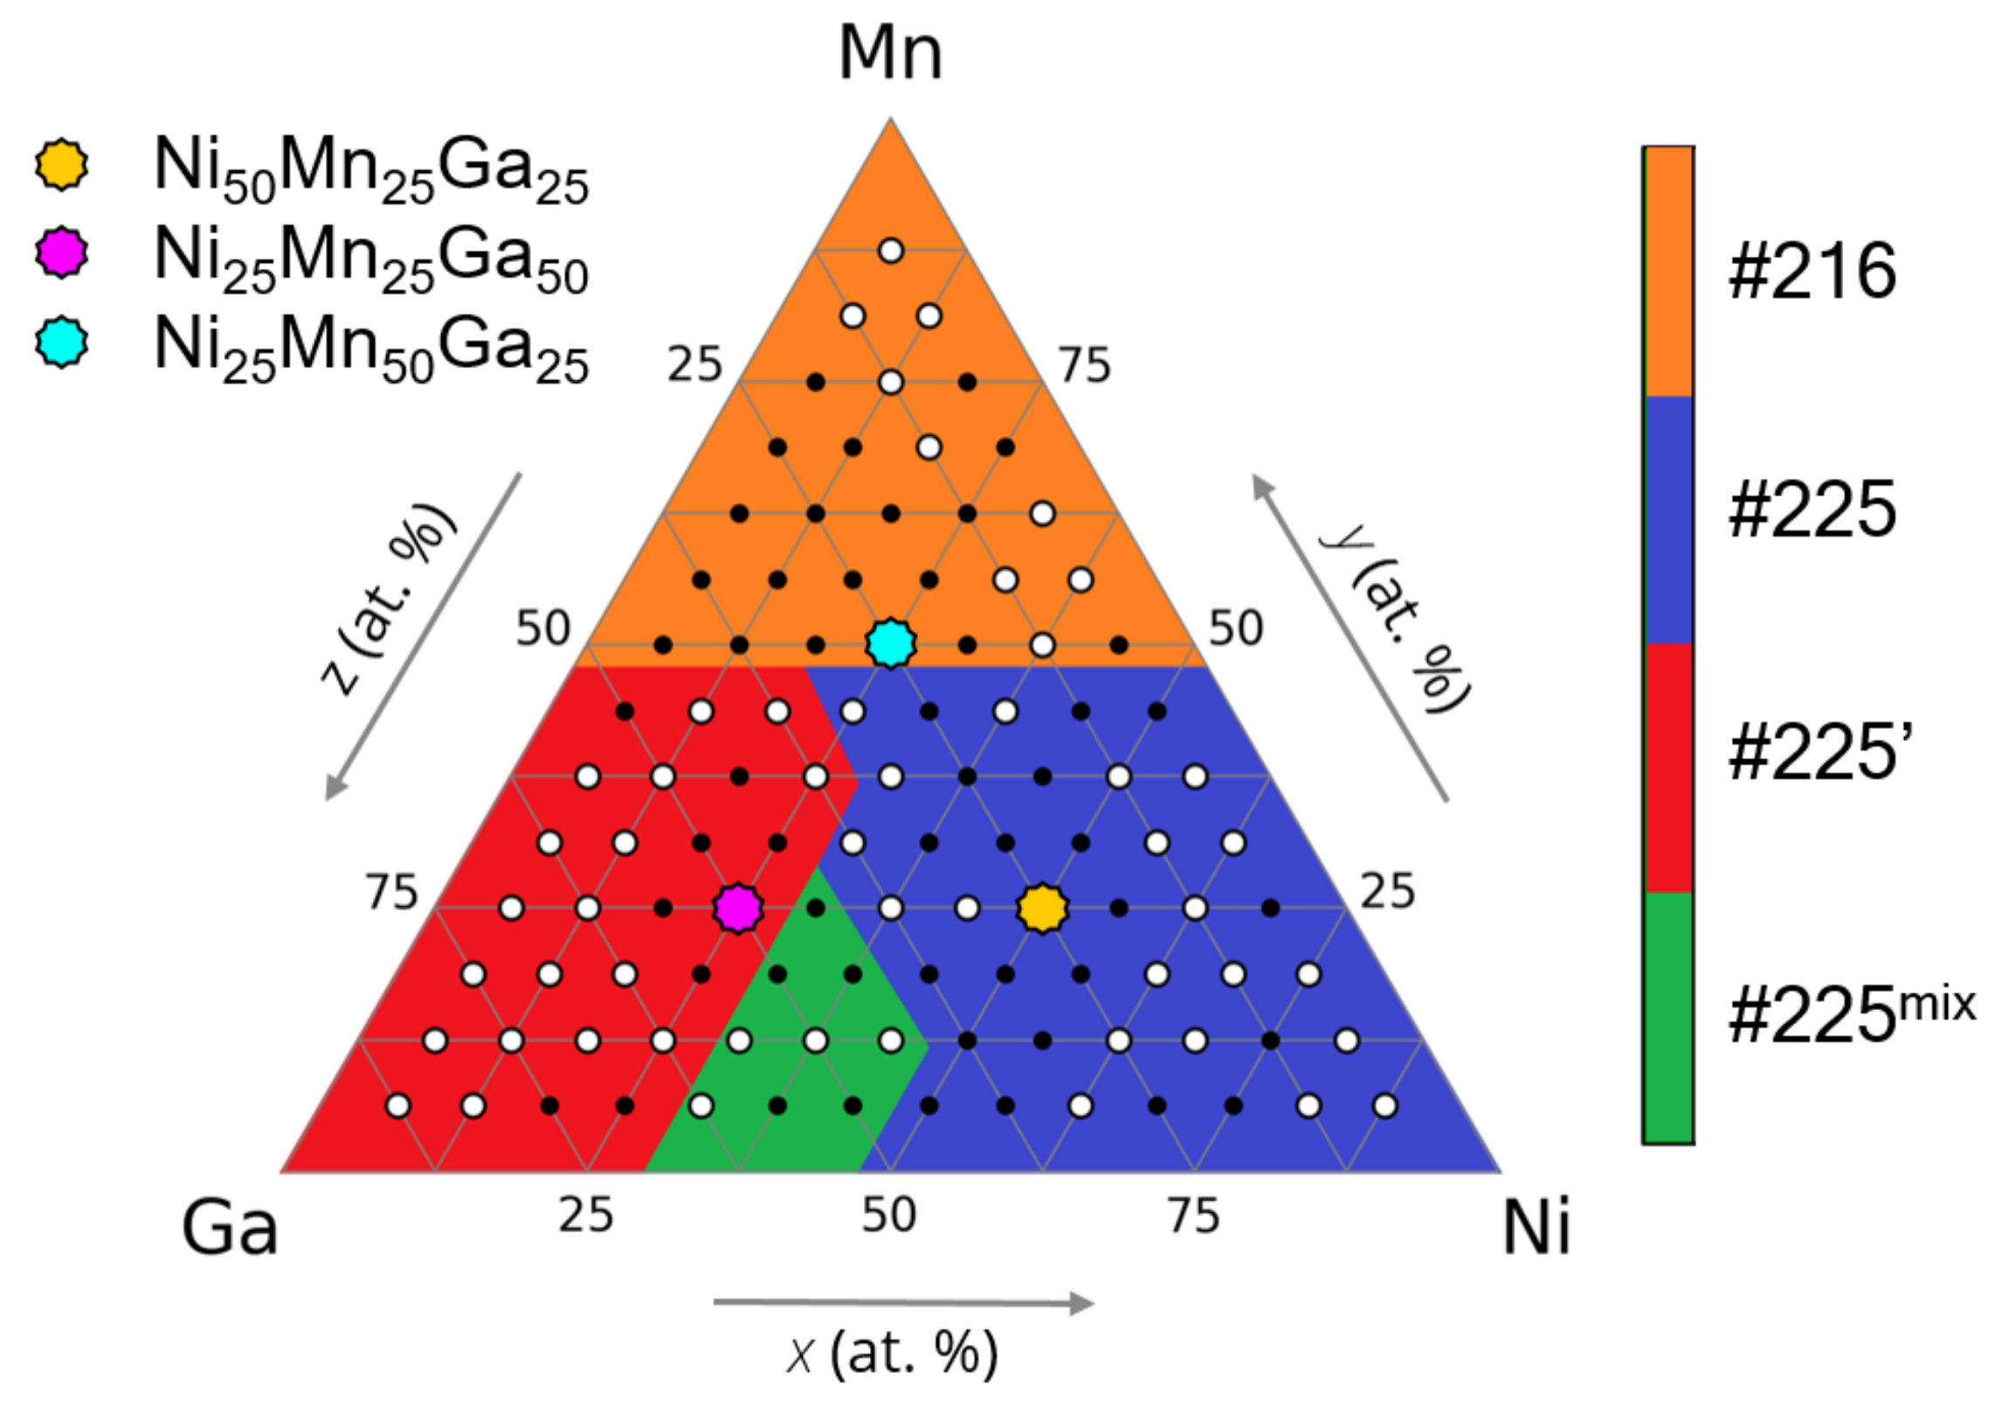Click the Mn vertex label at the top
(890, 54)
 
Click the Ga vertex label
(230, 1228)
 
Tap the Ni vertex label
(1536, 1228)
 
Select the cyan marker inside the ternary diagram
(890, 644)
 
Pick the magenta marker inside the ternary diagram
(738, 908)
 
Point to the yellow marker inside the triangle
(1042, 908)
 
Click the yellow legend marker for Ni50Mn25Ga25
(61, 163)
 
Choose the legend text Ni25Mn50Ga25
(371, 349)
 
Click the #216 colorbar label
(1812, 272)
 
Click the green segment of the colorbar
(1667, 1017)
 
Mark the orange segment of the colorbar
(1667, 272)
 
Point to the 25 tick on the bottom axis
(585, 1215)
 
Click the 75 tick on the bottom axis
(1194, 1215)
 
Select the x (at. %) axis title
(891, 1353)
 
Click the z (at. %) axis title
(388, 599)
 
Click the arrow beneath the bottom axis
(903, 1303)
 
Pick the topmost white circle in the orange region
(890, 251)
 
